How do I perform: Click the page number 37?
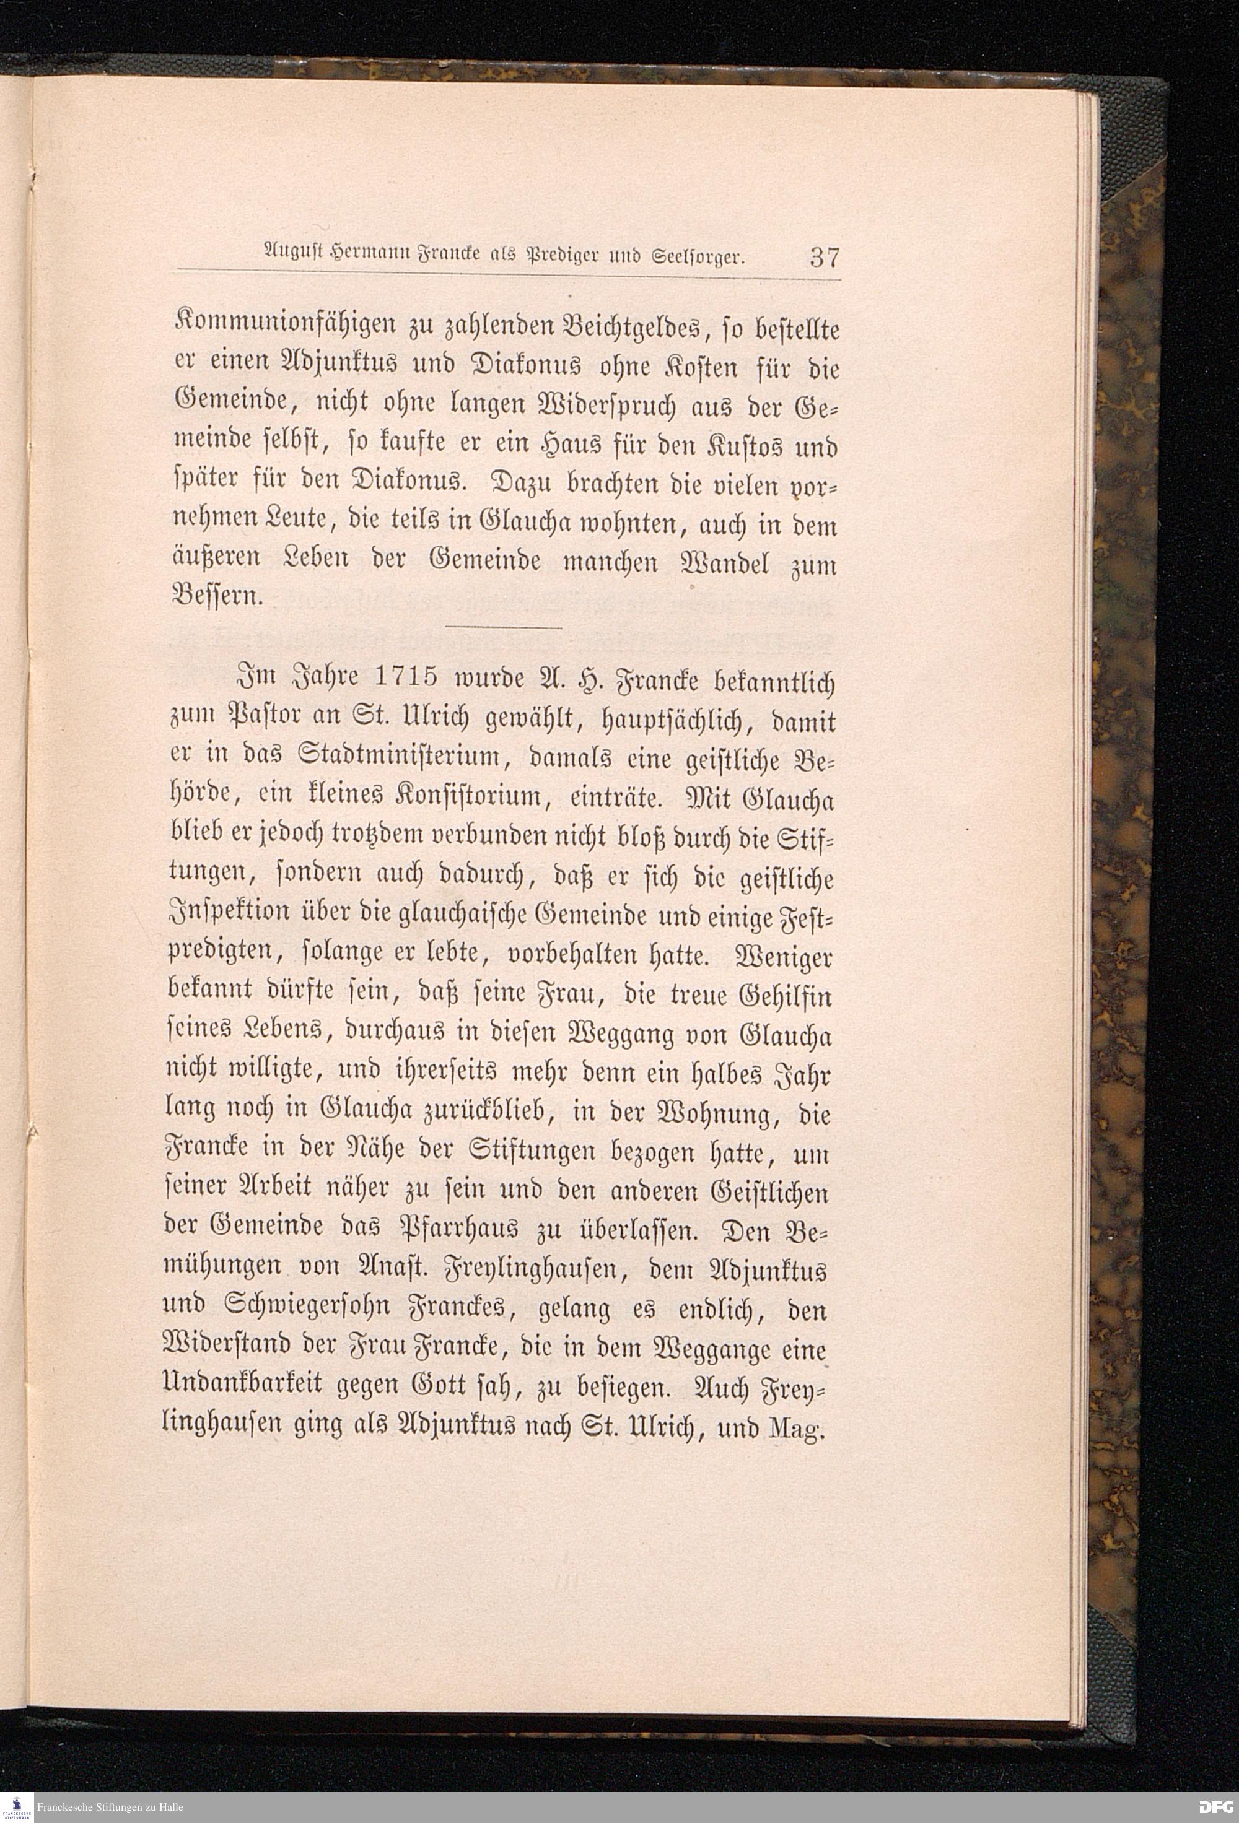click(x=823, y=256)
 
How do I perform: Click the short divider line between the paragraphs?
click(x=503, y=627)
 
